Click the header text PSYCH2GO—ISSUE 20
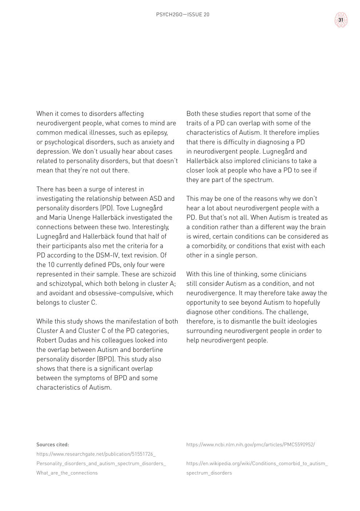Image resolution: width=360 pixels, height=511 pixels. pos(183,15)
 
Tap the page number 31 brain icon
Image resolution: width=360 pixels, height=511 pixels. pos(341,20)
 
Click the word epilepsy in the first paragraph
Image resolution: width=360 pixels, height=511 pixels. pos(154,132)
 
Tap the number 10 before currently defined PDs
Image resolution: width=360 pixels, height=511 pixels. pos(52,265)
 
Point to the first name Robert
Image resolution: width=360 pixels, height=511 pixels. pos(48,340)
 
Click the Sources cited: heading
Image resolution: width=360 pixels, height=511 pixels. pos(53,444)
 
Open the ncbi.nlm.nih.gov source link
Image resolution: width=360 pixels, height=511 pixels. pos(251,444)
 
